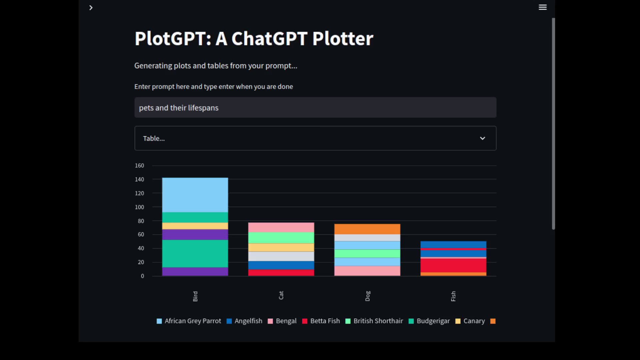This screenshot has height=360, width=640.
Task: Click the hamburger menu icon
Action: [542, 7]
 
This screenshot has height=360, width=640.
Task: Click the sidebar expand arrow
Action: [91, 8]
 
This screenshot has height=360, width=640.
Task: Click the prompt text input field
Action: [315, 108]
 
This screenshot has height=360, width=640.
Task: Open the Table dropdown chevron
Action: [482, 138]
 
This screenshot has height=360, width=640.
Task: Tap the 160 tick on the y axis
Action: [139, 165]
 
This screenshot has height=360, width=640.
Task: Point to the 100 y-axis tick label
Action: [139, 207]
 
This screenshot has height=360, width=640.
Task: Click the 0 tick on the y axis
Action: [142, 276]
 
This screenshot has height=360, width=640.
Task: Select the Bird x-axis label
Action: [195, 296]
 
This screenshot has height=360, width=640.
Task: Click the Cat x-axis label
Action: [281, 295]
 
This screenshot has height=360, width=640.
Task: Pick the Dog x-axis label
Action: [367, 296]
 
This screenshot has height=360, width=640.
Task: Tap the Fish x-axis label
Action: [453, 296]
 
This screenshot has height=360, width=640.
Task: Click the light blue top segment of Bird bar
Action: [195, 195]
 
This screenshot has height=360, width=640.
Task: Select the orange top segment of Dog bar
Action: [367, 229]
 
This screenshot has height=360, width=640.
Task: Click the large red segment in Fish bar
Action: [453, 265]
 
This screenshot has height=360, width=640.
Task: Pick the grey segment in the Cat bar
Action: [281, 256]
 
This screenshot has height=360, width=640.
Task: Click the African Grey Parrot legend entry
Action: [189, 321]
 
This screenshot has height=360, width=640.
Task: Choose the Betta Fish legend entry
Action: [321, 321]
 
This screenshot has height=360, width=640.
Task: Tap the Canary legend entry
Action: [470, 321]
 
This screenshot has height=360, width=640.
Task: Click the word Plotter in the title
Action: [343, 39]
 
